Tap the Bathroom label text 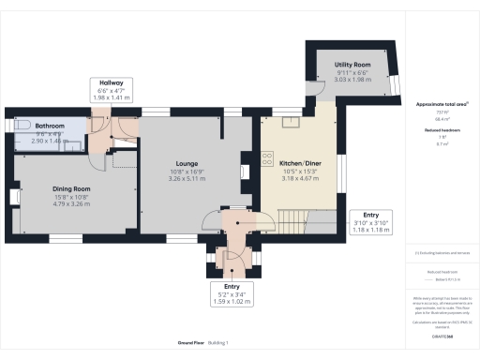[51, 126]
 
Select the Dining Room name [71, 188]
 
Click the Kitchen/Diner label [298, 163]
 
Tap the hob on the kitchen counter [246, 170]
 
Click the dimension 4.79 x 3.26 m [71, 203]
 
